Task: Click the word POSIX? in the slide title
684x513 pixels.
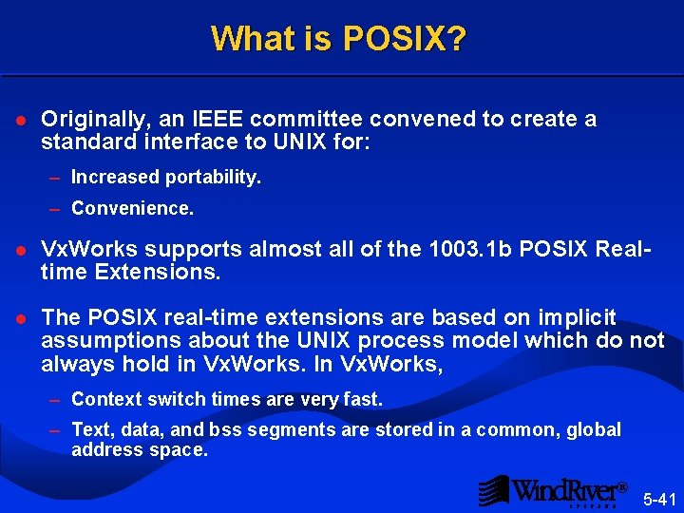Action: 405,39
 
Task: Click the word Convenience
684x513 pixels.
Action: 132,208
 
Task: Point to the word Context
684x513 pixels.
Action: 102,400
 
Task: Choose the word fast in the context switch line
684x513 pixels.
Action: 364,400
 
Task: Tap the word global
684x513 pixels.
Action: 595,430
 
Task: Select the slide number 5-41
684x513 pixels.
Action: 660,498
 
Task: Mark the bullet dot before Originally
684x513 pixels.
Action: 21,121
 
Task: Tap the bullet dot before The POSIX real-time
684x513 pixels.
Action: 21,318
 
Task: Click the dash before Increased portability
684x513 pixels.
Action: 56,178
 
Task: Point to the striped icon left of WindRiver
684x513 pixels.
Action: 493,490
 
